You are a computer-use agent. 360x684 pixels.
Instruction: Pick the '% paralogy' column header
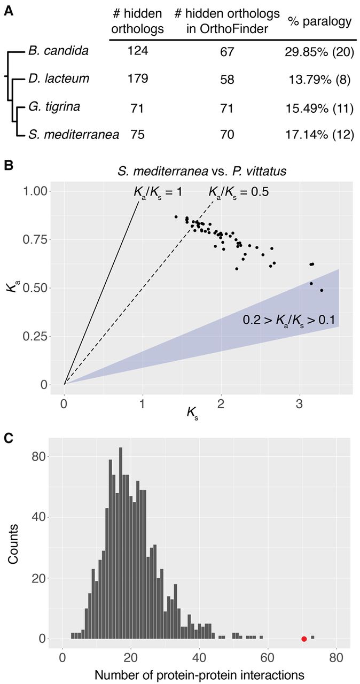tap(319, 22)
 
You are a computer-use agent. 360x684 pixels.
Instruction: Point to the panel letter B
tap(8, 165)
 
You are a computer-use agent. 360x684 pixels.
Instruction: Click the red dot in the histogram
tap(304, 639)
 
